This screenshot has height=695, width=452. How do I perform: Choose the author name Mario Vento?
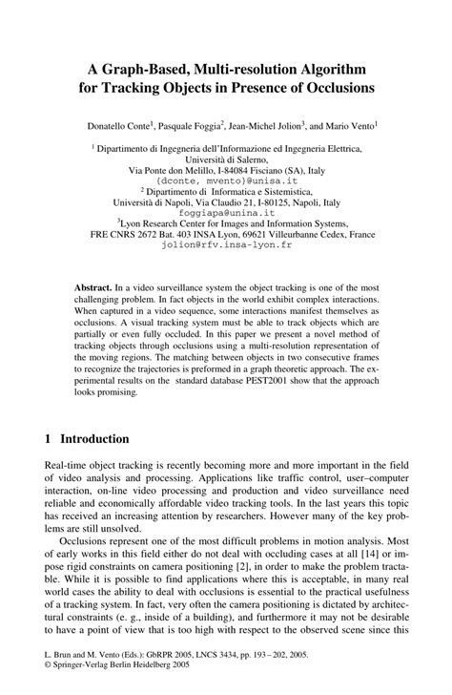pos(348,124)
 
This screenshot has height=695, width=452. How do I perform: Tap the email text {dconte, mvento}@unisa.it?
pos(226,179)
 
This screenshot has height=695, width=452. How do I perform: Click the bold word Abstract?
pos(93,287)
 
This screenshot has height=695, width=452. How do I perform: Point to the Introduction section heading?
pos(94,439)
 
